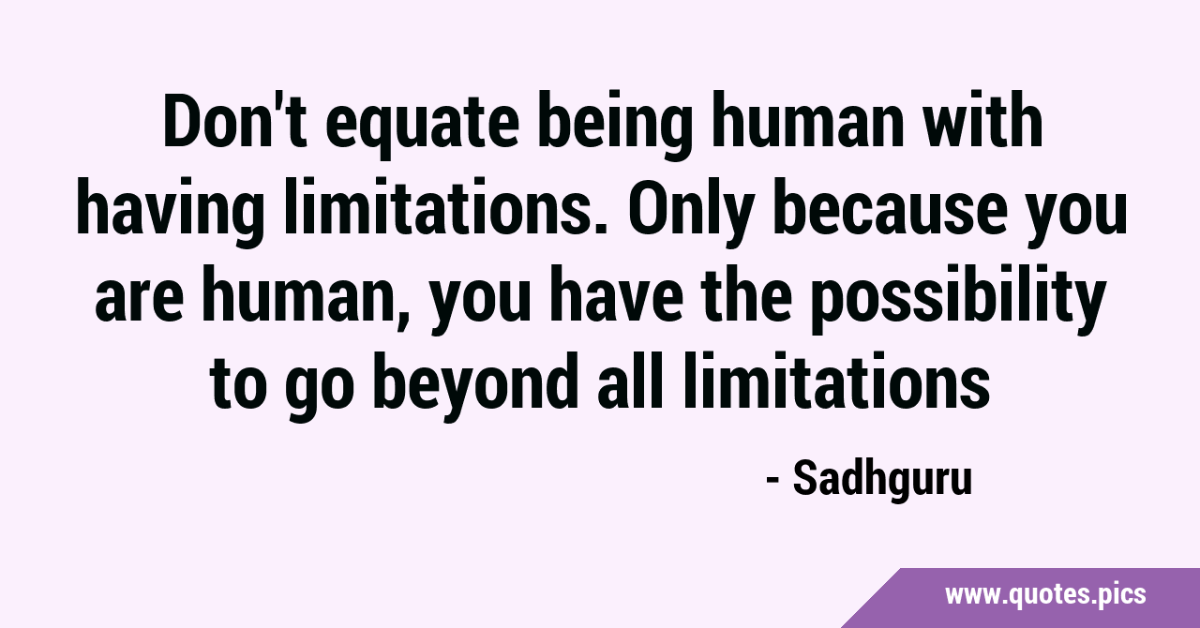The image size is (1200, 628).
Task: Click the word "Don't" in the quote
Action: coord(235,121)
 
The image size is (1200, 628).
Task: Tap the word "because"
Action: coord(891,208)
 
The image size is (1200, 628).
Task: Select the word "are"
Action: coord(140,301)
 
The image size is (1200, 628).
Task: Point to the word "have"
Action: coord(617,294)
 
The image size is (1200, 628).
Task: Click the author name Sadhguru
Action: coord(882,481)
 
